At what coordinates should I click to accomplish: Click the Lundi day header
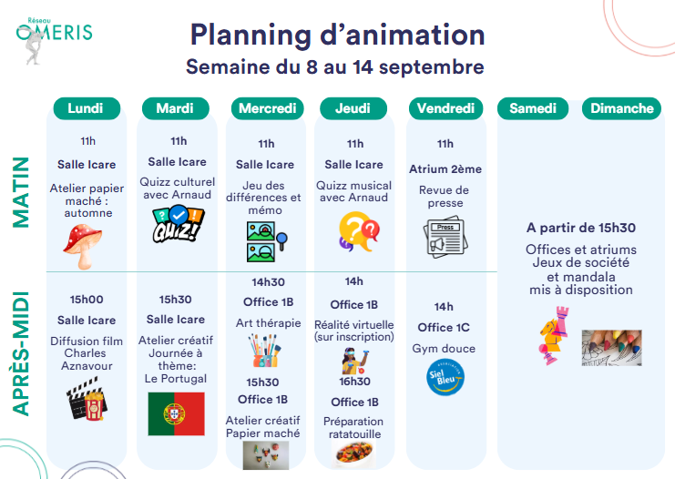click(x=87, y=108)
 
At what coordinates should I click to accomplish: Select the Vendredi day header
click(x=445, y=108)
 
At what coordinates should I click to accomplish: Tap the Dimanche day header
click(x=621, y=108)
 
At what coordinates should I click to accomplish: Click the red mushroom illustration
click(x=84, y=246)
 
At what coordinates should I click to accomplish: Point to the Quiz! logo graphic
click(x=178, y=224)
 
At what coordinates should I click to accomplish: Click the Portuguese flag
click(x=176, y=413)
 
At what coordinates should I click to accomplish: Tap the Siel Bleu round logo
click(x=445, y=377)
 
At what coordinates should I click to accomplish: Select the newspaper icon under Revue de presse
click(x=445, y=238)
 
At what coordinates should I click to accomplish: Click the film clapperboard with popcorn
click(x=87, y=398)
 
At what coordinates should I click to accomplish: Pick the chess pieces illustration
click(x=554, y=336)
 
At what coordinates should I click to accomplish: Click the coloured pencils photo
click(x=611, y=348)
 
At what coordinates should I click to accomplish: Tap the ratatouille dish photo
click(x=353, y=454)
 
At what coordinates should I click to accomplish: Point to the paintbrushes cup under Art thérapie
click(x=264, y=351)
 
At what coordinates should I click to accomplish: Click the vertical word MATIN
click(x=21, y=192)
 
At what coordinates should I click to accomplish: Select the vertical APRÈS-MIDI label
click(x=21, y=353)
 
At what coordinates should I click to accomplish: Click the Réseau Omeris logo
click(x=55, y=40)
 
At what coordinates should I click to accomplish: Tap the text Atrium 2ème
click(x=445, y=169)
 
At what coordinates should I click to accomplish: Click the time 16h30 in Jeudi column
click(x=354, y=382)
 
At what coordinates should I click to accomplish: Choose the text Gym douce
click(x=444, y=349)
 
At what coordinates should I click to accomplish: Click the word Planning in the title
click(x=251, y=36)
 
